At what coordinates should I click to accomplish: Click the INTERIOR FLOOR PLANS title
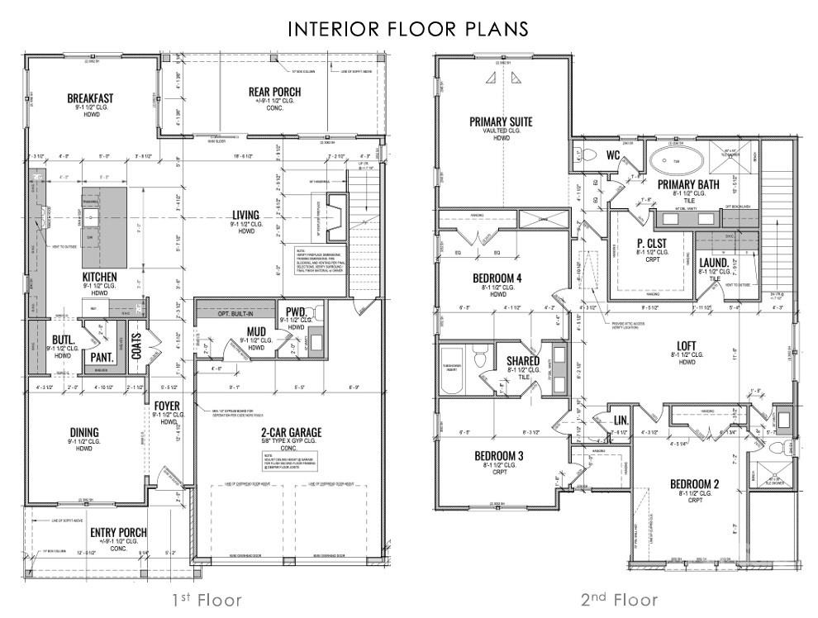click(x=408, y=29)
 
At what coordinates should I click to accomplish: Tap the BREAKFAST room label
click(x=90, y=98)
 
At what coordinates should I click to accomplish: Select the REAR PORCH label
click(x=274, y=91)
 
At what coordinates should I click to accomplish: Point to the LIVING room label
click(x=245, y=216)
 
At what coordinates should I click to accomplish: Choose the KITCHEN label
click(x=99, y=276)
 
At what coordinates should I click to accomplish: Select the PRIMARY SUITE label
click(x=501, y=121)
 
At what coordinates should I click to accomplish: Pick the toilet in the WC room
click(x=588, y=154)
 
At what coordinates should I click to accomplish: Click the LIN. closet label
click(x=621, y=421)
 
